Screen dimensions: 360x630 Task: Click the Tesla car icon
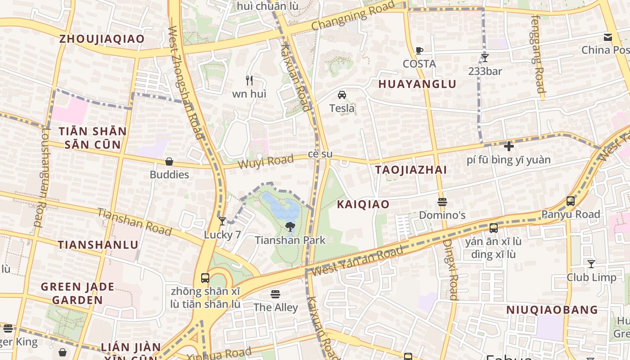[x=342, y=95]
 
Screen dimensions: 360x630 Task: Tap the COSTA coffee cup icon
[x=419, y=50]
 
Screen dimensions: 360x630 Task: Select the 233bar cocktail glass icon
[x=485, y=58]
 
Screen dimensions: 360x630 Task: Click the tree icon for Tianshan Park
[x=290, y=227]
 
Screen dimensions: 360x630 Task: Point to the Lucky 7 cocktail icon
[x=222, y=221]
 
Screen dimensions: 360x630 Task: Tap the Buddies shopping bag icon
[x=169, y=161]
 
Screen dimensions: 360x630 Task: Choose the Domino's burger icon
[x=442, y=202]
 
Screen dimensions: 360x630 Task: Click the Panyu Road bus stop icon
[x=571, y=201]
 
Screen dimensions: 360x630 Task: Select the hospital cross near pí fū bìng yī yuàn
[x=509, y=146]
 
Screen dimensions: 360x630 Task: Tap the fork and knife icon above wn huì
[x=249, y=81]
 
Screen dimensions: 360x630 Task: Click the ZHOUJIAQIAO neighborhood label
[x=102, y=39]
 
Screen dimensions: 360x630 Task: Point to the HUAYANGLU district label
[x=417, y=84]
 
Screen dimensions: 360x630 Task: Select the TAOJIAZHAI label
[x=411, y=170]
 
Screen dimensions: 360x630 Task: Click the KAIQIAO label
[x=363, y=204]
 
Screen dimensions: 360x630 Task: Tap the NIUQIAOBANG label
[x=552, y=310]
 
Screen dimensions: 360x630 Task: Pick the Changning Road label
[x=353, y=16]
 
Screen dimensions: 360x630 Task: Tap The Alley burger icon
[x=275, y=294]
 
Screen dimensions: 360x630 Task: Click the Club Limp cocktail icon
[x=591, y=264]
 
